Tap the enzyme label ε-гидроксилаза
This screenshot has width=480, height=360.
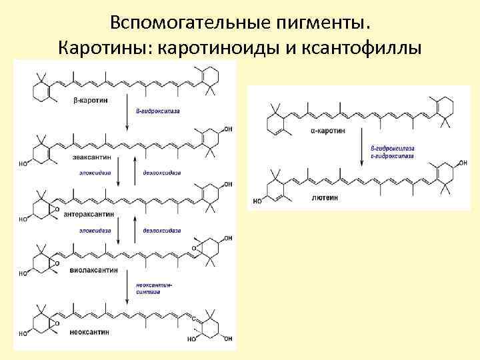pos(393,156)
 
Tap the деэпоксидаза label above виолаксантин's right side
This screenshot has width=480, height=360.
pos(161,229)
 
